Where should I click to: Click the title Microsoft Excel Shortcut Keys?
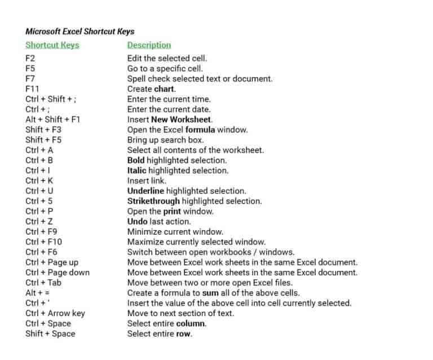79,32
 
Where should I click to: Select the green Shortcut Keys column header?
52,45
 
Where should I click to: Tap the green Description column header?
149,45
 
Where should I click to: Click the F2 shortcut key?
30,58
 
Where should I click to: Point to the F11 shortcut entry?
32,89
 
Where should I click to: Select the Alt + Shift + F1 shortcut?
53,119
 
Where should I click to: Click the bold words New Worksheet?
182,119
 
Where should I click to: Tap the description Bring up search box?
165,139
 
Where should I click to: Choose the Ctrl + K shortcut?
39,181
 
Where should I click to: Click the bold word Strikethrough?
153,201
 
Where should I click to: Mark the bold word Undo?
137,221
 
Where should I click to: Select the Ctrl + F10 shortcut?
44,242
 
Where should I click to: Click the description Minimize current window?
175,231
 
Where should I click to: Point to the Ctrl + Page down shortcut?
58,272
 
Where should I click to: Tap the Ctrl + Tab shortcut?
43,282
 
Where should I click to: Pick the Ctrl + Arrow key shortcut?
55,313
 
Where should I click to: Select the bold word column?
192,323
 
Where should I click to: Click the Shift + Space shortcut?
50,333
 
